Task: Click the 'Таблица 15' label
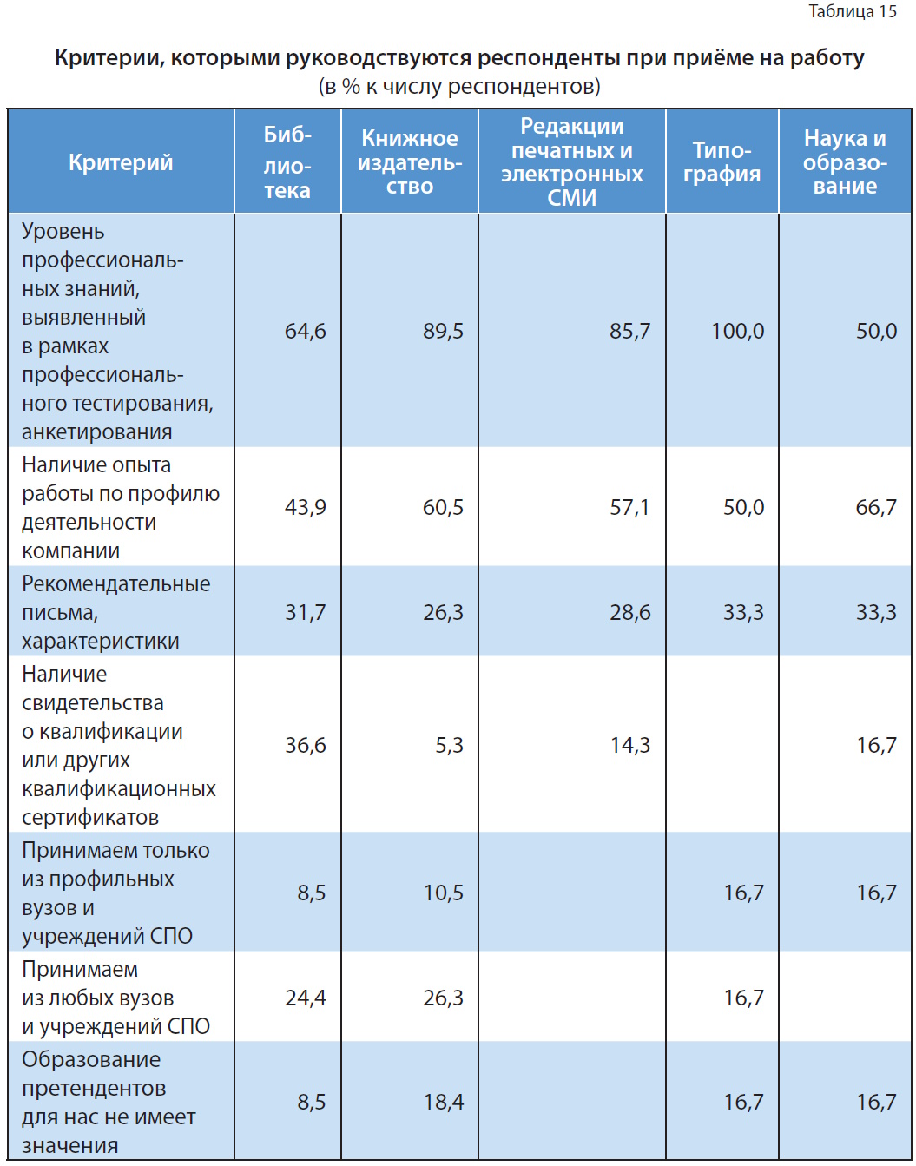coord(852,11)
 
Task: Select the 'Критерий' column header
coord(121,162)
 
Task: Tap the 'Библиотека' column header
coord(287,162)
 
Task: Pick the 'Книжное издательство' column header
coord(409,162)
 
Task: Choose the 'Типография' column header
coord(722,162)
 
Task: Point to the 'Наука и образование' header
coord(845,162)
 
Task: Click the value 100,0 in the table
coord(737,331)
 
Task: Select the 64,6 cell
coord(305,331)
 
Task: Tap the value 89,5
coord(443,331)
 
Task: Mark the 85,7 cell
coord(629,331)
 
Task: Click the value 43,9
coord(305,507)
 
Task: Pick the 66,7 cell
coord(875,507)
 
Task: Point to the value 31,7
coord(305,612)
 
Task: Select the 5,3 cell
coord(449,745)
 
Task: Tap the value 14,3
coord(629,745)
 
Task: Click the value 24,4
coord(305,998)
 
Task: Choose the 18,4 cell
coord(443,1102)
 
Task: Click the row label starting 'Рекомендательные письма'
coord(115,612)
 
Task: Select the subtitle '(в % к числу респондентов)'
coord(459,87)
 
